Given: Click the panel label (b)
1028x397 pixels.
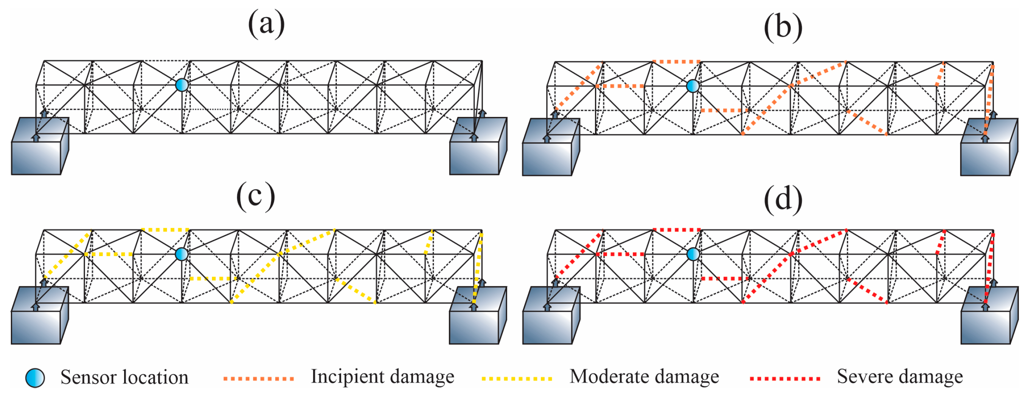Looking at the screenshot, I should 783,27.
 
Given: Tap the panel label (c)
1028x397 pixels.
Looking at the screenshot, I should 255,196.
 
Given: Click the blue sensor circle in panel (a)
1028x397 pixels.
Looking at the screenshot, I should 182,85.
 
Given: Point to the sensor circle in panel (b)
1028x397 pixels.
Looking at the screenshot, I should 693,86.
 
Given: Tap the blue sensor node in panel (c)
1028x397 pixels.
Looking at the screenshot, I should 182,254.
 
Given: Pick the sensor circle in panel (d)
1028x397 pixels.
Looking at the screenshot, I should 693,254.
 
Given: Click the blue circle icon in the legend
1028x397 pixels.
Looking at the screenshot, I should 35,377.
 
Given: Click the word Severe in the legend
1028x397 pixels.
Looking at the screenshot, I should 862,376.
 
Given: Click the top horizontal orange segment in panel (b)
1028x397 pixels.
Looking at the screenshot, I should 676,62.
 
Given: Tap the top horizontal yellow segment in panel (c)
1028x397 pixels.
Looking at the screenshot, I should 165,230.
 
